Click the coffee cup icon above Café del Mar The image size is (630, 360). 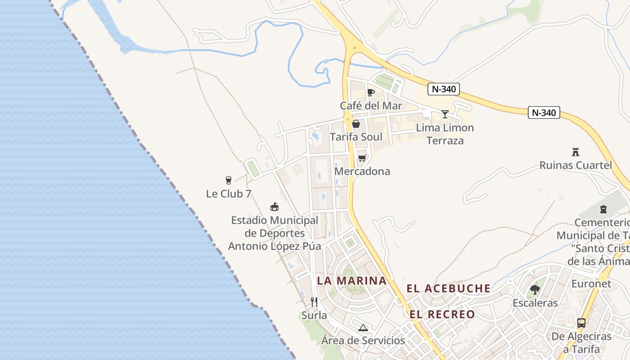(370, 92)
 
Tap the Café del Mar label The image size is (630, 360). (371, 106)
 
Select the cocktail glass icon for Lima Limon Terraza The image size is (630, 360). (445, 114)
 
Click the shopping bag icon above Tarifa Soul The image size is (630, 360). (356, 123)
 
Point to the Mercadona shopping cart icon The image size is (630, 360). (362, 158)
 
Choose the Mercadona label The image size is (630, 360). (362, 171)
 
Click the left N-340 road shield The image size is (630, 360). (444, 89)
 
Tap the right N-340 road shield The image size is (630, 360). (544, 112)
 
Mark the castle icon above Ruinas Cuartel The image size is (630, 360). (575, 152)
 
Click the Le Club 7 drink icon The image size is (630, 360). (228, 180)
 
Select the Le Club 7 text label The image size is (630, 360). (229, 194)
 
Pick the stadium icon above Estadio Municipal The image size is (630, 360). (274, 207)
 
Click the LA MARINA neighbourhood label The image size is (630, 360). (352, 281)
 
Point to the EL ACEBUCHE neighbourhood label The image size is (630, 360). (448, 288)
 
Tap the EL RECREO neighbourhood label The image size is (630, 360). (442, 314)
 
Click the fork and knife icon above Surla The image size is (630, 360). (314, 301)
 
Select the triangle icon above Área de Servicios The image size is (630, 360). (363, 327)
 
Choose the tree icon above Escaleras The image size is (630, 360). (535, 289)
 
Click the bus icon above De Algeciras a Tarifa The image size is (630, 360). (581, 323)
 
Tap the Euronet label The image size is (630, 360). (591, 284)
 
